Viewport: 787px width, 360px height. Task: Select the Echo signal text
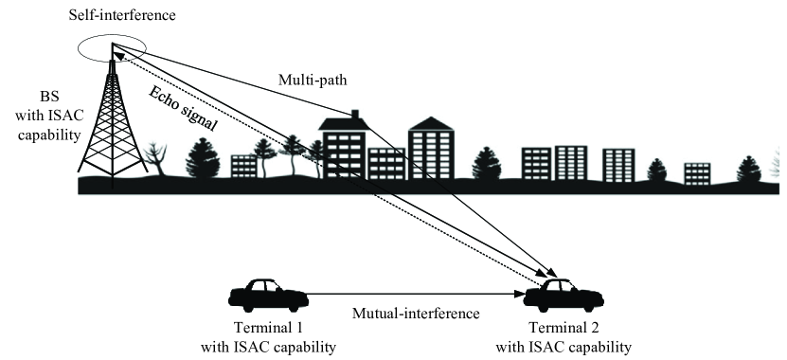click(x=182, y=110)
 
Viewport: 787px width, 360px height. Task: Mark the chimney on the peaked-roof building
click(x=355, y=116)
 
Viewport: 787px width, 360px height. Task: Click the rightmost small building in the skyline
click(x=697, y=173)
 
